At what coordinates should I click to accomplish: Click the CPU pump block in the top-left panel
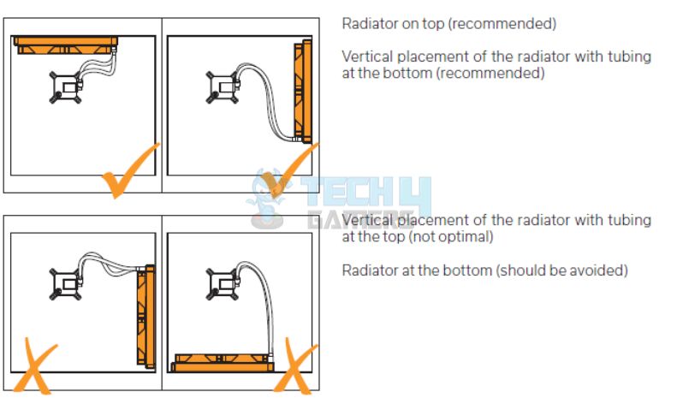tap(62, 86)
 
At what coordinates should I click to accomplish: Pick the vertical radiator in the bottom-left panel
tap(145, 316)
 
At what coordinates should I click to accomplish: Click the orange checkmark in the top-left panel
tap(128, 172)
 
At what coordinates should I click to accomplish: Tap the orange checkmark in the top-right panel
tap(287, 171)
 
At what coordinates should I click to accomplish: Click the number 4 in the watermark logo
tap(417, 193)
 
